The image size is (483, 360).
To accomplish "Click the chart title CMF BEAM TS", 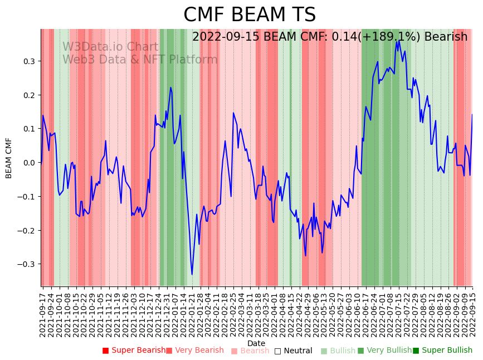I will pos(250,15).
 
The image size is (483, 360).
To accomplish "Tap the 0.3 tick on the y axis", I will pos(29,61).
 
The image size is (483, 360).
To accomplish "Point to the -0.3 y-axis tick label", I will pos(27,264).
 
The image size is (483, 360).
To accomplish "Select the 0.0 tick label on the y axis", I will pos(29,163).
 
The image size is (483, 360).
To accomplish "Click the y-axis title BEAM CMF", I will pos(9,158).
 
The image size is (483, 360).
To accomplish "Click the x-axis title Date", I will pos(256,343).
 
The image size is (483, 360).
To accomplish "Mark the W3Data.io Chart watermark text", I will pos(110,47).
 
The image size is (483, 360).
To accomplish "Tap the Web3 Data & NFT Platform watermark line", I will pos(140,60).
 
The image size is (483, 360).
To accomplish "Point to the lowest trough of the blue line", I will pos(192,274).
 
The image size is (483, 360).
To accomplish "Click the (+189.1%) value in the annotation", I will pos(391,37).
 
